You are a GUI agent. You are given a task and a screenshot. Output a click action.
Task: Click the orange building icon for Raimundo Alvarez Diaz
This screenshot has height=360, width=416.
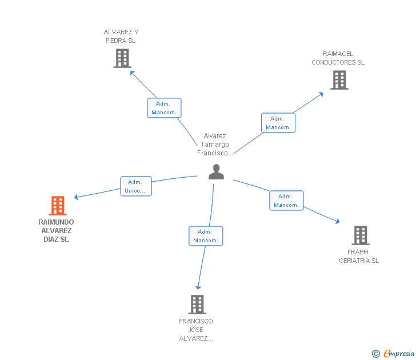pyautogui.click(x=58, y=205)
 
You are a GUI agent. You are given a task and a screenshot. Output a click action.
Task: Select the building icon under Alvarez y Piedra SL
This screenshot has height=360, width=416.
pyautogui.click(x=122, y=58)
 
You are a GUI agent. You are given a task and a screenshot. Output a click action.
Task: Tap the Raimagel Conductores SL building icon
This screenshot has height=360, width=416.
pyautogui.click(x=339, y=80)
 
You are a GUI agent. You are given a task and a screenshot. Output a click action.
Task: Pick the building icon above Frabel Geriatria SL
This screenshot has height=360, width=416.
pyautogui.click(x=360, y=235)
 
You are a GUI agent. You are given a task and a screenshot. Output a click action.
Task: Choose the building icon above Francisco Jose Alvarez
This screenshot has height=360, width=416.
pyautogui.click(x=197, y=305)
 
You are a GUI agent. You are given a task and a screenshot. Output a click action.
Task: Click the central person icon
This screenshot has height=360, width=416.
pyautogui.click(x=216, y=171)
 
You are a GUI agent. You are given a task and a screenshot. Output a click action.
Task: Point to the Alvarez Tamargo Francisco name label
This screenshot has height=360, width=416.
pyautogui.click(x=215, y=145)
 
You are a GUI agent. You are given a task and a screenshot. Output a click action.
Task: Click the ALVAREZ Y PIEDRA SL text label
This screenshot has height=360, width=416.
pyautogui.click(x=121, y=37)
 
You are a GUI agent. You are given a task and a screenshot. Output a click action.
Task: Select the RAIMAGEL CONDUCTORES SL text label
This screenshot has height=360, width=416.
pyautogui.click(x=338, y=58)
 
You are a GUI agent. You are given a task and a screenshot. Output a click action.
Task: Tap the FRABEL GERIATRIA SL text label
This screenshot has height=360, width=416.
pyautogui.click(x=359, y=256)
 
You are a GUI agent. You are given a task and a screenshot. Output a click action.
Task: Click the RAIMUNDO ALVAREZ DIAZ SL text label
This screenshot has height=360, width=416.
pyautogui.click(x=56, y=231)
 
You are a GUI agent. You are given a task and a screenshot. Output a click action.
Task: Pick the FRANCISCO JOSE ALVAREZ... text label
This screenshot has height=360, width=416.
pyautogui.click(x=195, y=330)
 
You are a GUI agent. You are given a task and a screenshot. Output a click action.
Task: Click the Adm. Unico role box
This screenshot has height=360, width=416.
pyautogui.click(x=136, y=186)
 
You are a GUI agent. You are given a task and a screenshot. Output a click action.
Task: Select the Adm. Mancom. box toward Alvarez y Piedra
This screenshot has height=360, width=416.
pyautogui.click(x=164, y=108)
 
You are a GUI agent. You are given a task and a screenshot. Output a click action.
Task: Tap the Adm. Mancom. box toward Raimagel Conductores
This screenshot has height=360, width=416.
pyautogui.click(x=278, y=123)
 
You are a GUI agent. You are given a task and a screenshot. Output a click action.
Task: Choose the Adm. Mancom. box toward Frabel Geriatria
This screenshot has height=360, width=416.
pyautogui.click(x=286, y=201)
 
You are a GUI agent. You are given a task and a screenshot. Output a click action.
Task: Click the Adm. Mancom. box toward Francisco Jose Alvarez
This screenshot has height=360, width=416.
pyautogui.click(x=206, y=236)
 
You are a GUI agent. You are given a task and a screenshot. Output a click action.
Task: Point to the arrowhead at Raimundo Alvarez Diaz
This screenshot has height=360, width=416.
pyautogui.click(x=77, y=197)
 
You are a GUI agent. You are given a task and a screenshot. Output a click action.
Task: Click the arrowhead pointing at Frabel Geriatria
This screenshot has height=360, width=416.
pyautogui.click(x=338, y=221)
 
